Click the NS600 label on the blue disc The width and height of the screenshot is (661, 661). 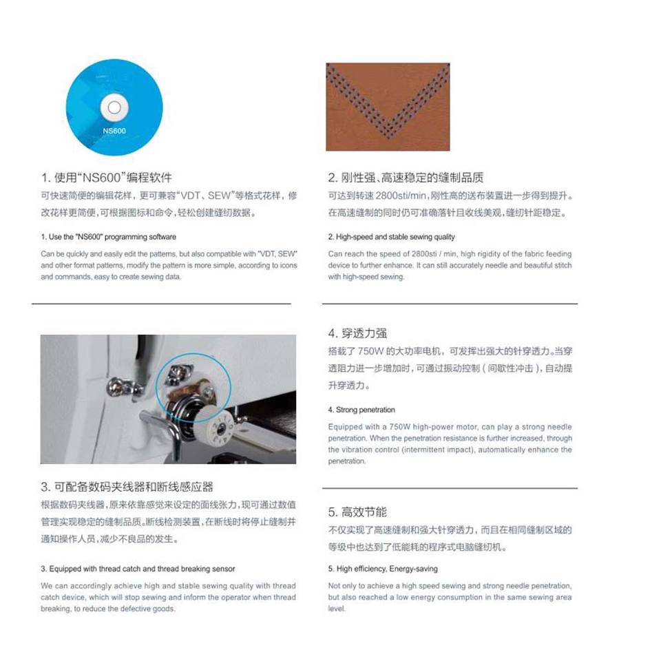click(x=114, y=131)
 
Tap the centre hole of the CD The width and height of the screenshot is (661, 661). click(x=114, y=107)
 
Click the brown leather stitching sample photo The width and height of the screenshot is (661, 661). click(x=388, y=107)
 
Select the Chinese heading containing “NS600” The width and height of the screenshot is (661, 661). click(x=107, y=178)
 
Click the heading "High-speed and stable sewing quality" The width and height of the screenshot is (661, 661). click(x=391, y=237)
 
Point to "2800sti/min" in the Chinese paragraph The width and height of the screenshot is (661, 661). click(x=401, y=196)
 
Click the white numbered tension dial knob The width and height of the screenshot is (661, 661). click(x=214, y=428)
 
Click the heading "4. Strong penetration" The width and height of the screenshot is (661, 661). click(x=361, y=410)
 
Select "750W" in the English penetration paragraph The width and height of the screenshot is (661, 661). click(x=399, y=427)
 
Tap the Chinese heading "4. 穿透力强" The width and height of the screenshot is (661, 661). click(x=357, y=333)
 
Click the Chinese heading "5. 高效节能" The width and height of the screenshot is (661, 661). click(x=357, y=512)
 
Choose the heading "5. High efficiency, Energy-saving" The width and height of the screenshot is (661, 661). click(x=383, y=569)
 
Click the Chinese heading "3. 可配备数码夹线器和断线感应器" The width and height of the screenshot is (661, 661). click(x=127, y=487)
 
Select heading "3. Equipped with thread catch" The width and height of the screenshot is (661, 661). click(x=138, y=569)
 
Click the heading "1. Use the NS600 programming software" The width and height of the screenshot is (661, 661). click(x=108, y=237)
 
